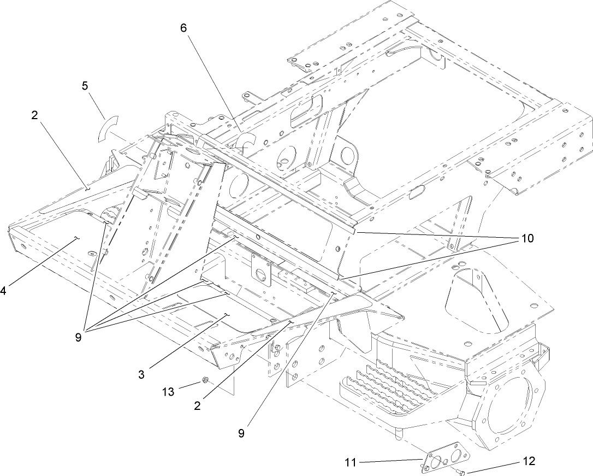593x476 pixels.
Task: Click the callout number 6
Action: coord(184,28)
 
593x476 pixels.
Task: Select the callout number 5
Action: coord(85,86)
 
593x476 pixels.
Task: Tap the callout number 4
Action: coord(3,291)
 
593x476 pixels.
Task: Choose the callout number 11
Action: coord(350,463)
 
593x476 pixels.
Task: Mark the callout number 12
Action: coord(529,461)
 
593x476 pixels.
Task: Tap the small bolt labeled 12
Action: coord(461,471)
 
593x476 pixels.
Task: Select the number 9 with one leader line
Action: coord(241,433)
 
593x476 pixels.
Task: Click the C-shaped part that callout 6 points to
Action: coord(246,141)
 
